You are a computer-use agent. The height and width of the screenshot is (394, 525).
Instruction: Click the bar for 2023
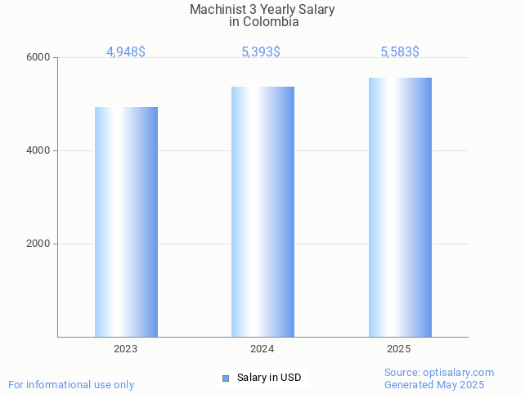pos(126,222)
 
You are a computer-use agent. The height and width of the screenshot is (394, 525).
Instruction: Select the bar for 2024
pos(262,212)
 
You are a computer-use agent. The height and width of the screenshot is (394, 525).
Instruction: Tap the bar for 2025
pos(400,207)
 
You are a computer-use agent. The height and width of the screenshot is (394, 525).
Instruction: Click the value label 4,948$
pos(126,52)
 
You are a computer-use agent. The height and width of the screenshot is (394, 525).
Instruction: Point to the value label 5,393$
pos(261,52)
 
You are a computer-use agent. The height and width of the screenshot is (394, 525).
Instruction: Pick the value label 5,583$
pos(400,52)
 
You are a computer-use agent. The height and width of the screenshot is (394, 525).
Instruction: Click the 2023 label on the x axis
pos(126,349)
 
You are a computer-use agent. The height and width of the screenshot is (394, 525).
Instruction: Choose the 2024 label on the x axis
pos(262,349)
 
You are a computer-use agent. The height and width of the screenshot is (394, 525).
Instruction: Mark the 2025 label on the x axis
pos(399,349)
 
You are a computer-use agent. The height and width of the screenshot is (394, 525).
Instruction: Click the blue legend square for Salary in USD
pos(226,378)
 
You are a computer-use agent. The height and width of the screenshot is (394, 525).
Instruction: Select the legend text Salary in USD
pos(269,378)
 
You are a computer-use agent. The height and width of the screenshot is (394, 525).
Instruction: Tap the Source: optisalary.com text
pos(439,373)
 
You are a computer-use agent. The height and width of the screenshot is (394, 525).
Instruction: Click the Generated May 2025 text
pos(434,385)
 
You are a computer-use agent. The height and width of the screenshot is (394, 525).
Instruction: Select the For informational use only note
pos(71,385)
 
